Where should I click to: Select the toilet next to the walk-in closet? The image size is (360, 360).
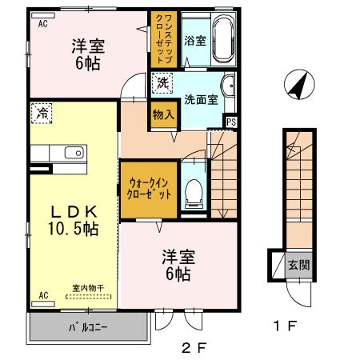[193, 190]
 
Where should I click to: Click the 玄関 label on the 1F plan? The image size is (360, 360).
[298, 265]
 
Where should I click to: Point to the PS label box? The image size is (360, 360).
[231, 122]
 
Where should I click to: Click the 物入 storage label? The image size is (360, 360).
[164, 114]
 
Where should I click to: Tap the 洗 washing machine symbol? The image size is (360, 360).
[163, 82]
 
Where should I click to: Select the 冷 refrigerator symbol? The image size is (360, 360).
[40, 114]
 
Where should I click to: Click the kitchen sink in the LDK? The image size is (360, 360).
[72, 152]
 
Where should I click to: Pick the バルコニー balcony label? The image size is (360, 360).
[86, 327]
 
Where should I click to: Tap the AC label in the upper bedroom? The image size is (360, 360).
[42, 24]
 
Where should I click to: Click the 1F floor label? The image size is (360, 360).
[286, 326]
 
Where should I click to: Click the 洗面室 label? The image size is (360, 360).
[200, 100]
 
